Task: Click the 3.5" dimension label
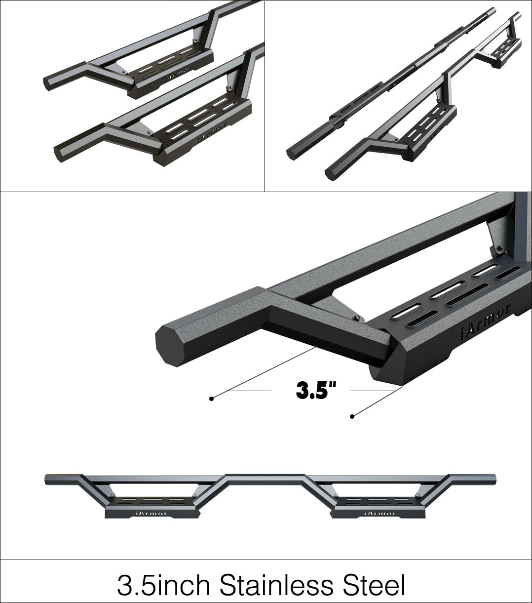pyautogui.click(x=315, y=390)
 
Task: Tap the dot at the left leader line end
pyautogui.click(x=212, y=398)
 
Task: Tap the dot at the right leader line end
pyautogui.click(x=352, y=417)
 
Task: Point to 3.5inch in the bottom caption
pyautogui.click(x=164, y=585)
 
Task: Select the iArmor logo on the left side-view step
pyautogui.click(x=152, y=513)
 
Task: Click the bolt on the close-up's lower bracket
pyautogui.click(x=356, y=317)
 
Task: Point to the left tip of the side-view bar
pyautogui.click(x=47, y=479)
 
